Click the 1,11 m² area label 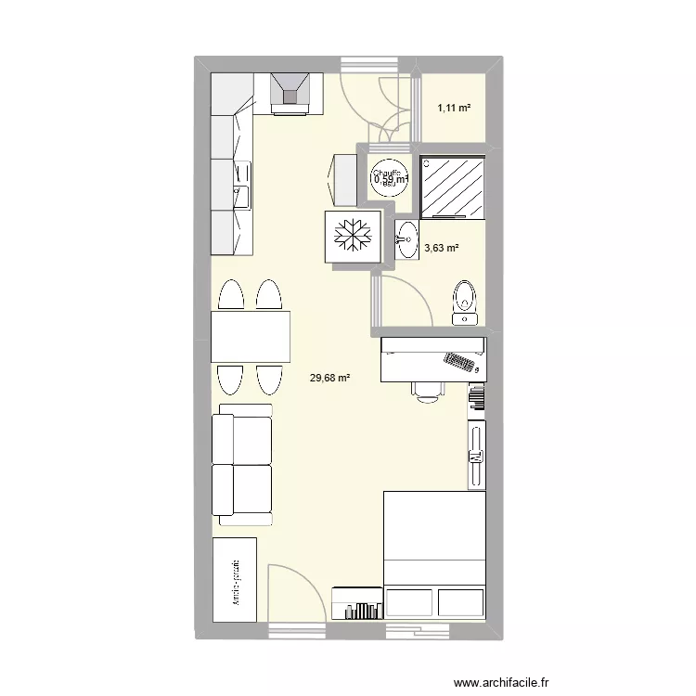pyautogui.click(x=454, y=109)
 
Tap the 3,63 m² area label pyautogui.click(x=441, y=248)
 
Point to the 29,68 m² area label pyautogui.click(x=330, y=378)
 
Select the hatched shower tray pyautogui.click(x=454, y=186)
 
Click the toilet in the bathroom pyautogui.click(x=465, y=302)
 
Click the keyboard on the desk pyautogui.click(x=460, y=361)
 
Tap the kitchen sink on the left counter pyautogui.click(x=242, y=185)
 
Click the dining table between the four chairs pyautogui.click(x=251, y=336)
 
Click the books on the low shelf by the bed pyautogui.click(x=364, y=609)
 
